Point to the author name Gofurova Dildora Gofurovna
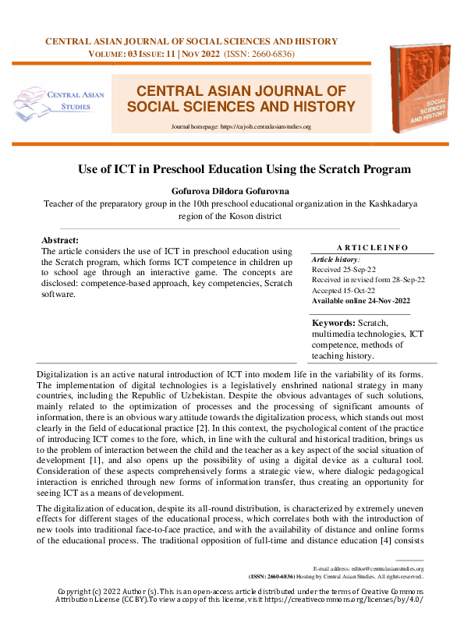point(232,189)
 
